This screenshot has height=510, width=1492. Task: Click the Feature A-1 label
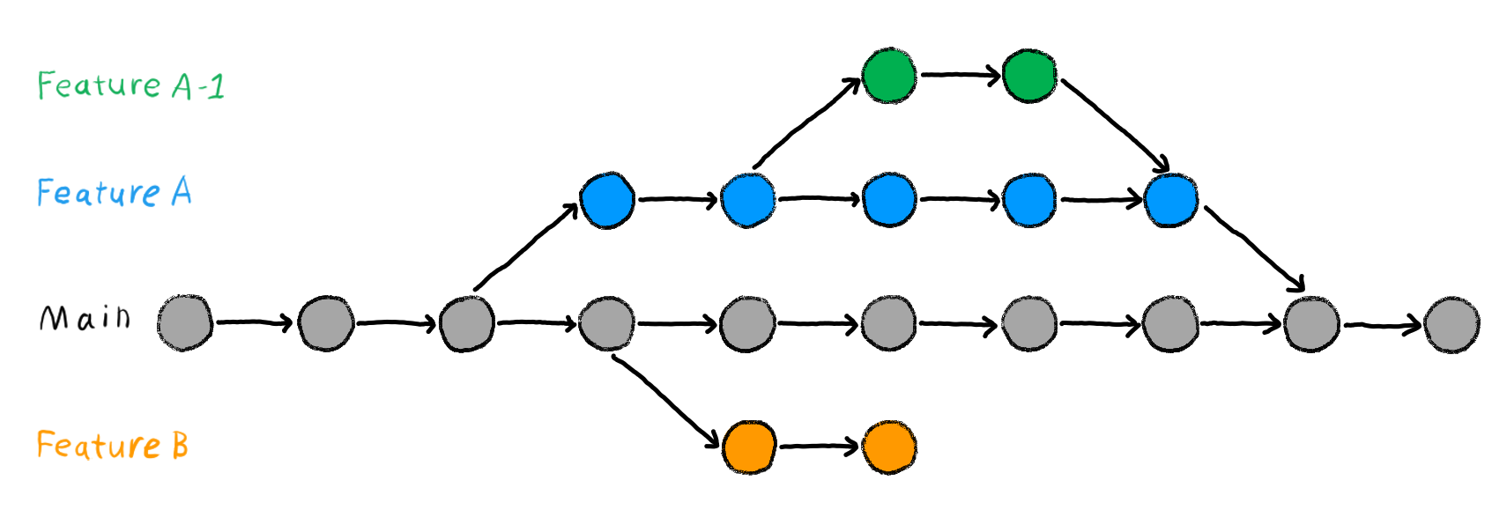coord(130,85)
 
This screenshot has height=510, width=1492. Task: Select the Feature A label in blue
coord(114,192)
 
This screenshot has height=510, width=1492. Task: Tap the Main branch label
coord(85,317)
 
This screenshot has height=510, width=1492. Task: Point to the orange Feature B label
coord(112,445)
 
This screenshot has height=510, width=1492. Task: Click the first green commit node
coord(889,76)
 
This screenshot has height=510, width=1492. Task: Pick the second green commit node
coord(1029,76)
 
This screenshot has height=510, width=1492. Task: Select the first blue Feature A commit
coord(607,200)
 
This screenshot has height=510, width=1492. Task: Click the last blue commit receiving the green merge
coord(1170,200)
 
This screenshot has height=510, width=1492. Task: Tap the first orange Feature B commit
coord(749,447)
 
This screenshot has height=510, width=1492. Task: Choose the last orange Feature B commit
coord(889,447)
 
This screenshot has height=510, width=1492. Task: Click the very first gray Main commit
coord(185,323)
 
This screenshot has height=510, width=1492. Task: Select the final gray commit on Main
coord(1451,324)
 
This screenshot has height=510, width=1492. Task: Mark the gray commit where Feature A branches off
coord(466,323)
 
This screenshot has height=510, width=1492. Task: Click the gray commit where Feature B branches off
coord(607,323)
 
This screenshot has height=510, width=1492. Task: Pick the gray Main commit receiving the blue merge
coord(1311,323)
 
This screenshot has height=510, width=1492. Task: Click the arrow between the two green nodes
coord(960,75)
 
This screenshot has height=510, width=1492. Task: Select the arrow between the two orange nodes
coord(819,447)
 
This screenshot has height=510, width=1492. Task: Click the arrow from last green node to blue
coord(1114,123)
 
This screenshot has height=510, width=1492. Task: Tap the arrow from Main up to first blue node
coord(525,247)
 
